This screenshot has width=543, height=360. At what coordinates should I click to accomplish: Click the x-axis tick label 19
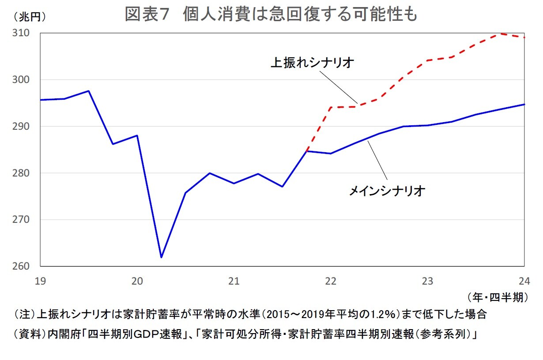point(40,281)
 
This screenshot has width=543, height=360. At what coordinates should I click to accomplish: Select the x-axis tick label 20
point(137,281)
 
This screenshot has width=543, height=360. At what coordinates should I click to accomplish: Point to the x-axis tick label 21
point(234,281)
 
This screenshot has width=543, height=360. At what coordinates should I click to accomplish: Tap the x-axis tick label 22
point(331,281)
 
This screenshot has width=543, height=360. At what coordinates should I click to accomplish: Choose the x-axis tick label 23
point(427,281)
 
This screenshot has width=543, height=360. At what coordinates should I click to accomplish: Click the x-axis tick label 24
point(524,281)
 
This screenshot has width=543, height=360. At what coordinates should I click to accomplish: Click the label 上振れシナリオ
point(312,63)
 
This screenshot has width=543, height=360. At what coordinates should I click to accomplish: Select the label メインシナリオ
point(387,191)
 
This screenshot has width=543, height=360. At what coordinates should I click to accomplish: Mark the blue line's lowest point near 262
point(161,257)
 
